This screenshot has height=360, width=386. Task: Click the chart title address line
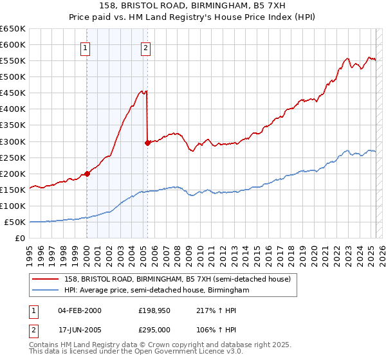[x=193, y=6]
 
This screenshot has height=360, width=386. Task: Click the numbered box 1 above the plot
[x=86, y=47]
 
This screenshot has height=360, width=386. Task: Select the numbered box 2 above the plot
[x=147, y=47]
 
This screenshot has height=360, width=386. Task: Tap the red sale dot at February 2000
[x=87, y=174]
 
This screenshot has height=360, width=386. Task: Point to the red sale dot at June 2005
[x=147, y=143]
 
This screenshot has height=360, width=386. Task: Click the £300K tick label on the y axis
[x=13, y=141]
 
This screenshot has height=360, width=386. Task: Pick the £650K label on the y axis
[x=13, y=29]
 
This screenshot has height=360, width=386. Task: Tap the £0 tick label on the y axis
[x=20, y=239]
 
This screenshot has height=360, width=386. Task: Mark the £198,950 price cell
[x=152, y=310]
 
